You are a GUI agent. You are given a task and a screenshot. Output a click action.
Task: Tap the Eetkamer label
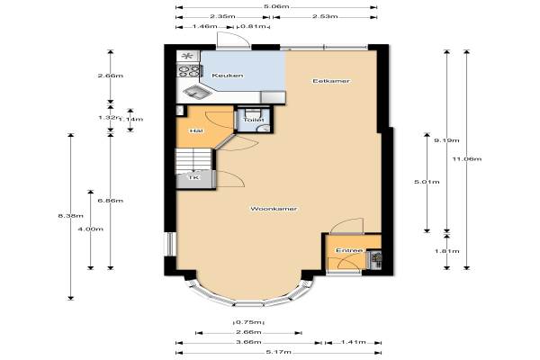pyautogui.click(x=331, y=81)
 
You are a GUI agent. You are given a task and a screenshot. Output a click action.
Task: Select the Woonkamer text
pyautogui.click(x=274, y=209)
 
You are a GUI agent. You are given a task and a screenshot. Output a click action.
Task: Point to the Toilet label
pyautogui.click(x=254, y=120)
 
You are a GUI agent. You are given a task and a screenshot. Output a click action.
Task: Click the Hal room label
pyautogui.click(x=196, y=130)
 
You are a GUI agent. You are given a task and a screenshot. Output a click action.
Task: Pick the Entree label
pyautogui.click(x=349, y=250)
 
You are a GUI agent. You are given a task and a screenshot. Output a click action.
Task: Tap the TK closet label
pyautogui.click(x=193, y=178)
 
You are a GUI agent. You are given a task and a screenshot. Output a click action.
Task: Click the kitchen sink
pyautogui.click(x=196, y=92)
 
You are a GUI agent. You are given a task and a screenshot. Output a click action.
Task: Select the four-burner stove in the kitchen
pyautogui.click(x=188, y=70)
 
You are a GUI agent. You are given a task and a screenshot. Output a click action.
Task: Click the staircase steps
pyautogui.click(x=193, y=161)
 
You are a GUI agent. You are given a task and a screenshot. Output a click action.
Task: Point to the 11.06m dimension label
pyautogui.click(x=467, y=158)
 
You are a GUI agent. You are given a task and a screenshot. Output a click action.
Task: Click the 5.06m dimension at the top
pyautogui.click(x=276, y=6)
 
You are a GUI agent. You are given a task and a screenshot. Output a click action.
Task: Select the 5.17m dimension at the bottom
pyautogui.click(x=279, y=352)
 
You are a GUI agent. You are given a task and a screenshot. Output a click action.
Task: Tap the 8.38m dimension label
pyautogui.click(x=70, y=216)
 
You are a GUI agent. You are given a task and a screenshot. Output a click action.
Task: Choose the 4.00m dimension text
pyautogui.click(x=91, y=229)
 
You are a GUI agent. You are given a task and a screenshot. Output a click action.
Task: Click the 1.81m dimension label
pyautogui.click(x=446, y=251)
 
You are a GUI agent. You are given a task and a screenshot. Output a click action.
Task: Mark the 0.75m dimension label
pyautogui.click(x=249, y=322)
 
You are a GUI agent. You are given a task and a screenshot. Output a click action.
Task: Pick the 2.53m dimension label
pyautogui.click(x=325, y=16)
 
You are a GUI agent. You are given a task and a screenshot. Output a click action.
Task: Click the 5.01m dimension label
pyautogui.click(x=427, y=182)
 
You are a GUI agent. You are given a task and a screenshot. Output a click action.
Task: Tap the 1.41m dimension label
pyautogui.click(x=354, y=342)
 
